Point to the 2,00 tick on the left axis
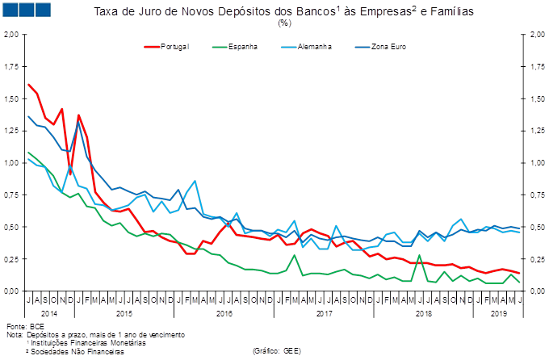[x=11, y=35]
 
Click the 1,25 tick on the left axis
[x=11, y=131]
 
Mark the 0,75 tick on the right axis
[x=536, y=195]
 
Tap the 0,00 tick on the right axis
[x=536, y=291]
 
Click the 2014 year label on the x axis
[x=50, y=312]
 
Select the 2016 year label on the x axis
[x=224, y=312]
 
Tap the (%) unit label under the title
[x=284, y=23]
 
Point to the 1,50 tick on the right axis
[x=536, y=98]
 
